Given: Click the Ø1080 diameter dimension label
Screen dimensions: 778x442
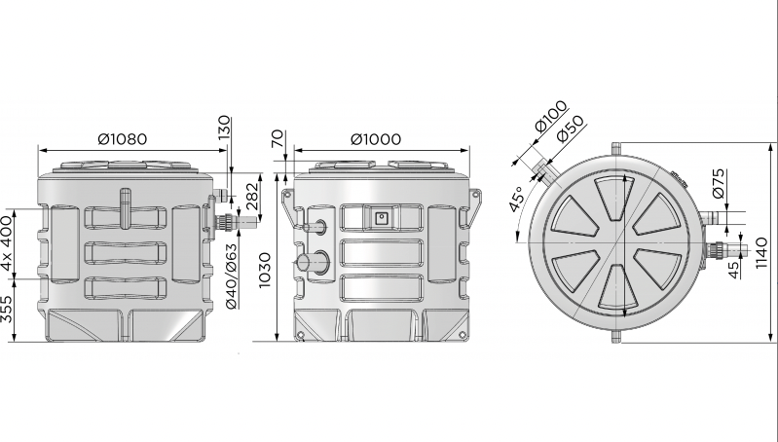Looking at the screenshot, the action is [123, 139].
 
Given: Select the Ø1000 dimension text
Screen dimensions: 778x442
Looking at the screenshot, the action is [376, 139].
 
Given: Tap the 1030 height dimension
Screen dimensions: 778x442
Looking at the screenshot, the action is [265, 270].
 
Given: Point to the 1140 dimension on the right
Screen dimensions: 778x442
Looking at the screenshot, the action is [761, 253].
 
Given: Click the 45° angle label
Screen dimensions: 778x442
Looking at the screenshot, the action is [516, 199].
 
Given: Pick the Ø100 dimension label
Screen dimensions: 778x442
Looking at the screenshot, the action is [551, 116].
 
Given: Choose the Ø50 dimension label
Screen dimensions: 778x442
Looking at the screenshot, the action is [570, 129].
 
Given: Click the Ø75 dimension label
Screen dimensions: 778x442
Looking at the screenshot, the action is [719, 184].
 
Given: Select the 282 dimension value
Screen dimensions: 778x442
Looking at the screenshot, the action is [252, 196].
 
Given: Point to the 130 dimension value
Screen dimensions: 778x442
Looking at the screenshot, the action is [225, 128].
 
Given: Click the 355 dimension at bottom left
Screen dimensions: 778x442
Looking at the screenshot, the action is [7, 309].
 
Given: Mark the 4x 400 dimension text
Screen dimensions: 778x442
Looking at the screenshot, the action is [7, 243].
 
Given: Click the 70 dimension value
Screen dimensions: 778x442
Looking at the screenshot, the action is [278, 138].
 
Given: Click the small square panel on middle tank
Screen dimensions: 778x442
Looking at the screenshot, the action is [381, 218].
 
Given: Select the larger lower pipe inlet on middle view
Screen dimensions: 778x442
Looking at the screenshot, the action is [314, 261].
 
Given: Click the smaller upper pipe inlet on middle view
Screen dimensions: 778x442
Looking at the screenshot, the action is [315, 227].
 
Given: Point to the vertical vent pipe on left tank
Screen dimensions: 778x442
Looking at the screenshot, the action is [126, 207].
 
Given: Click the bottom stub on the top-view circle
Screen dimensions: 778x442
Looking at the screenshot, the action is [616, 337].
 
